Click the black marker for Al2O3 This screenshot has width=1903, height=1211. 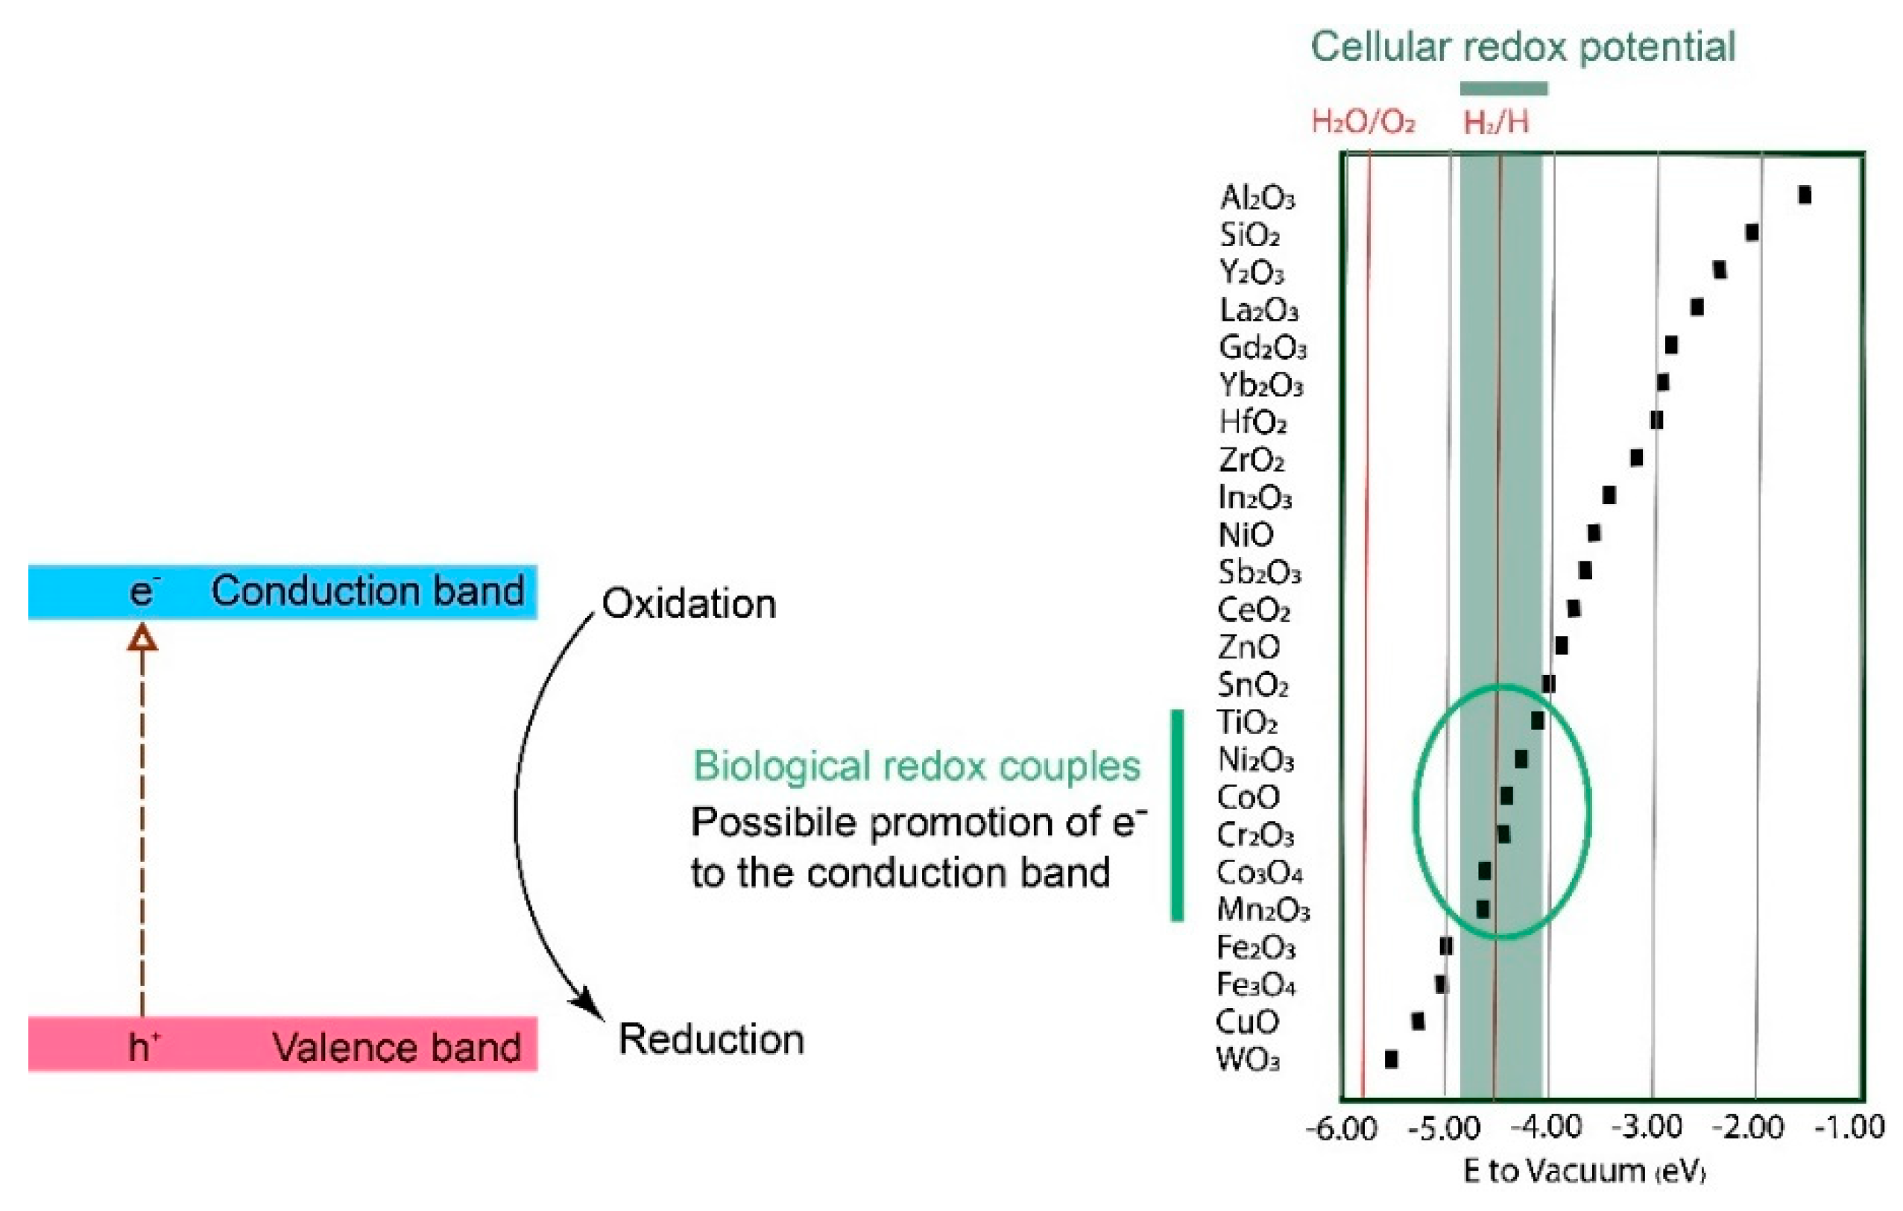click(x=1804, y=195)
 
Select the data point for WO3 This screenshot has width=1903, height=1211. click(x=1391, y=1059)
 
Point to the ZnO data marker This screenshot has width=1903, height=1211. click(x=1561, y=645)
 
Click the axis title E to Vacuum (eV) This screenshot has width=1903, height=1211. click(x=1585, y=1171)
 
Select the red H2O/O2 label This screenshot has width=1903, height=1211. click(x=1363, y=122)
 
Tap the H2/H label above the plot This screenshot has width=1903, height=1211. click(x=1495, y=122)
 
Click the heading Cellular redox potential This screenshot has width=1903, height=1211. click(x=1523, y=47)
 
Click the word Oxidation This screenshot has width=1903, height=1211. click(x=688, y=604)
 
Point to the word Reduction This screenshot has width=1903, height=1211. click(x=711, y=1039)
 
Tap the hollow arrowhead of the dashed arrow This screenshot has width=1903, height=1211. click(x=142, y=638)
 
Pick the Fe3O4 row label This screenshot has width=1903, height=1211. click(x=1255, y=985)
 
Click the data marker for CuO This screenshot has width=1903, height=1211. click(x=1418, y=1022)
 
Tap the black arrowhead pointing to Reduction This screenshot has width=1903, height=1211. click(x=590, y=1003)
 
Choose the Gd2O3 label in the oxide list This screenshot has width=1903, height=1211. click(x=1262, y=347)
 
